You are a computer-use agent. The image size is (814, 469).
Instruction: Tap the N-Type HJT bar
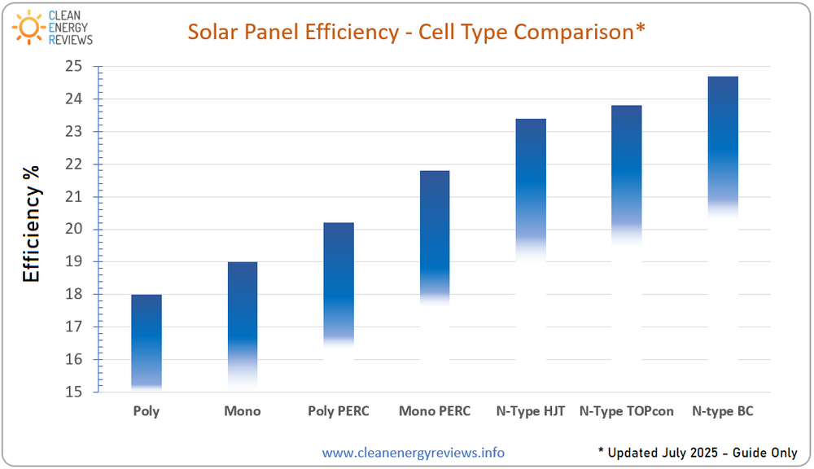click(x=531, y=187)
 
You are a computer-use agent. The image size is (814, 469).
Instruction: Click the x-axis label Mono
click(x=243, y=411)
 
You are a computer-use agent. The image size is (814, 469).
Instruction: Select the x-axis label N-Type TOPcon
click(x=627, y=411)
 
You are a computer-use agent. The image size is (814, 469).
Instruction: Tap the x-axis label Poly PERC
click(x=339, y=411)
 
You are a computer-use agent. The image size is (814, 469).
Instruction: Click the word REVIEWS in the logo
click(x=70, y=39)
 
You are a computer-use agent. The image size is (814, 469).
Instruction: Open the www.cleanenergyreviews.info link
click(x=413, y=453)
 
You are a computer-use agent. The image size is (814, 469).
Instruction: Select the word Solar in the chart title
click(x=216, y=32)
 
